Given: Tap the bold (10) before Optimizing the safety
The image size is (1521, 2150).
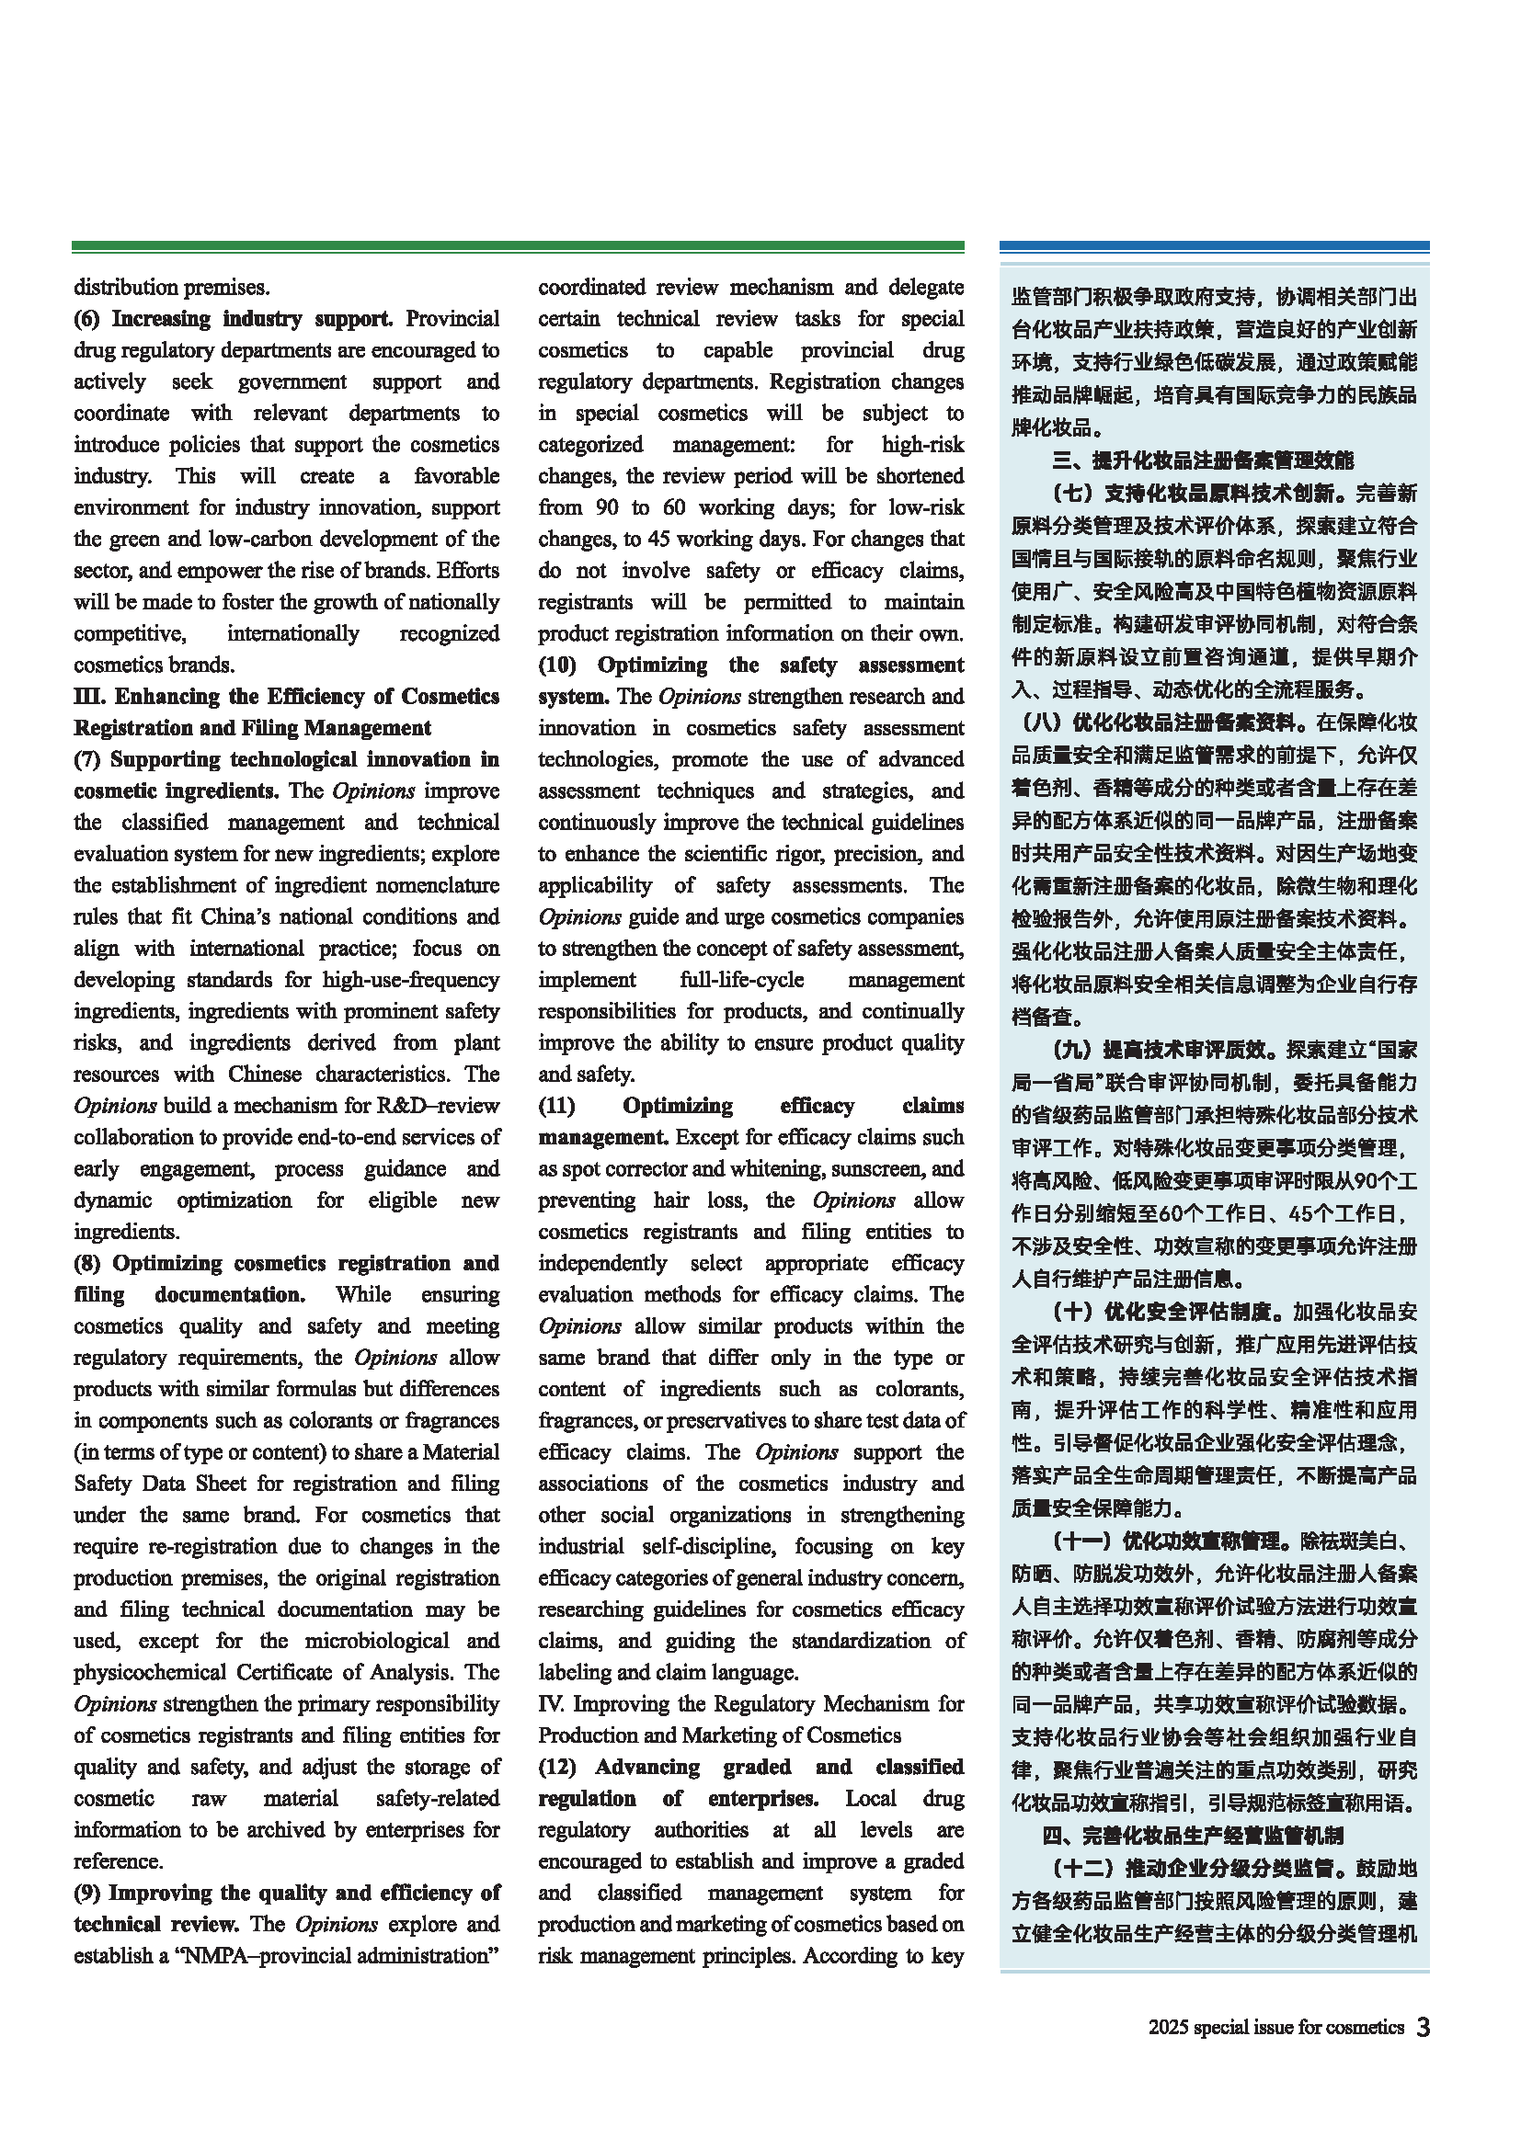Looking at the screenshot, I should (x=556, y=665).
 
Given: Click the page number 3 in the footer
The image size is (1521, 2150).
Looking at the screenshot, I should (x=1423, y=2028).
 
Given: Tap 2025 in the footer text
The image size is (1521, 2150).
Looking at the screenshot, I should (x=1168, y=2028).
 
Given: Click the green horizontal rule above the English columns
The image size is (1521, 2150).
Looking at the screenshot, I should (x=517, y=246).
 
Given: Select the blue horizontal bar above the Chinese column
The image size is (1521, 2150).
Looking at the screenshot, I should (x=1214, y=246).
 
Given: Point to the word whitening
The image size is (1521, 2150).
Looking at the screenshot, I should (x=769, y=1168).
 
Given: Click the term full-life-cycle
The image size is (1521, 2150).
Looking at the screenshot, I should (x=742, y=981).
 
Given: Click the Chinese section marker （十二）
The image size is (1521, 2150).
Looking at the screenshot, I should (x=1081, y=1869).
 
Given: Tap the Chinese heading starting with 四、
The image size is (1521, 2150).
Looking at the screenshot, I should (x=1193, y=1837).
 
